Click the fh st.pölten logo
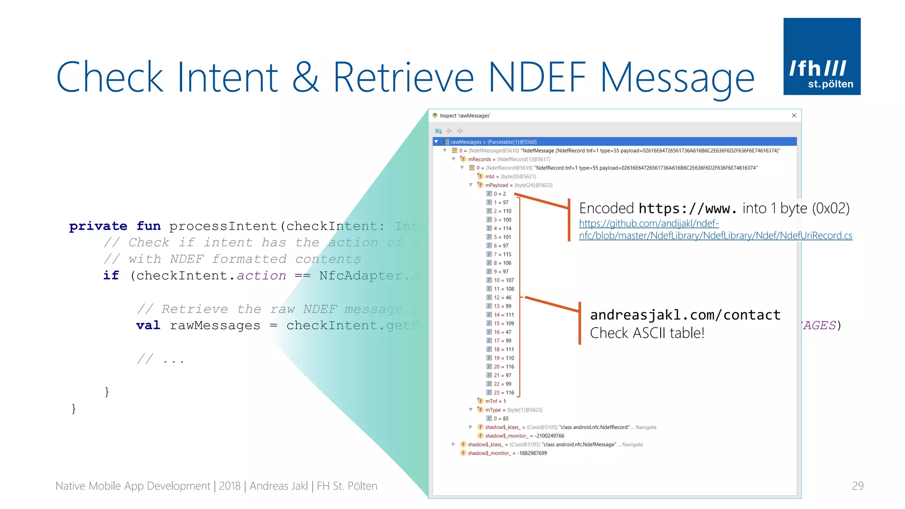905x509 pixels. tap(821, 56)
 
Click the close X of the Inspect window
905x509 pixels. tap(794, 115)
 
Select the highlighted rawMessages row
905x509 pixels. tap(493, 142)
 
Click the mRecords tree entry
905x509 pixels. tap(479, 159)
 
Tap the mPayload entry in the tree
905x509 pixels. tap(496, 185)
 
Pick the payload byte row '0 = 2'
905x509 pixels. tap(499, 194)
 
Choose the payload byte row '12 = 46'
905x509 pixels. tap(502, 297)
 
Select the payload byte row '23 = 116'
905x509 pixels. tap(504, 392)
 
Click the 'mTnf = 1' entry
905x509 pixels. tap(495, 401)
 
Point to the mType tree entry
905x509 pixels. tap(493, 410)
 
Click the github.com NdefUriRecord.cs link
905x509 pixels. tap(715, 230)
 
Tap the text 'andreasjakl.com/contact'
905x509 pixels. tap(685, 315)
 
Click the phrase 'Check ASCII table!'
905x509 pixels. tap(647, 333)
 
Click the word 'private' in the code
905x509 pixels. tap(98, 226)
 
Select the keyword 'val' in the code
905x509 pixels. tap(148, 325)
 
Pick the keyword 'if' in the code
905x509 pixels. tap(111, 275)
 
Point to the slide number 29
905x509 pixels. tap(857, 486)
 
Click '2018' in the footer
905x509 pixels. tap(229, 486)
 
